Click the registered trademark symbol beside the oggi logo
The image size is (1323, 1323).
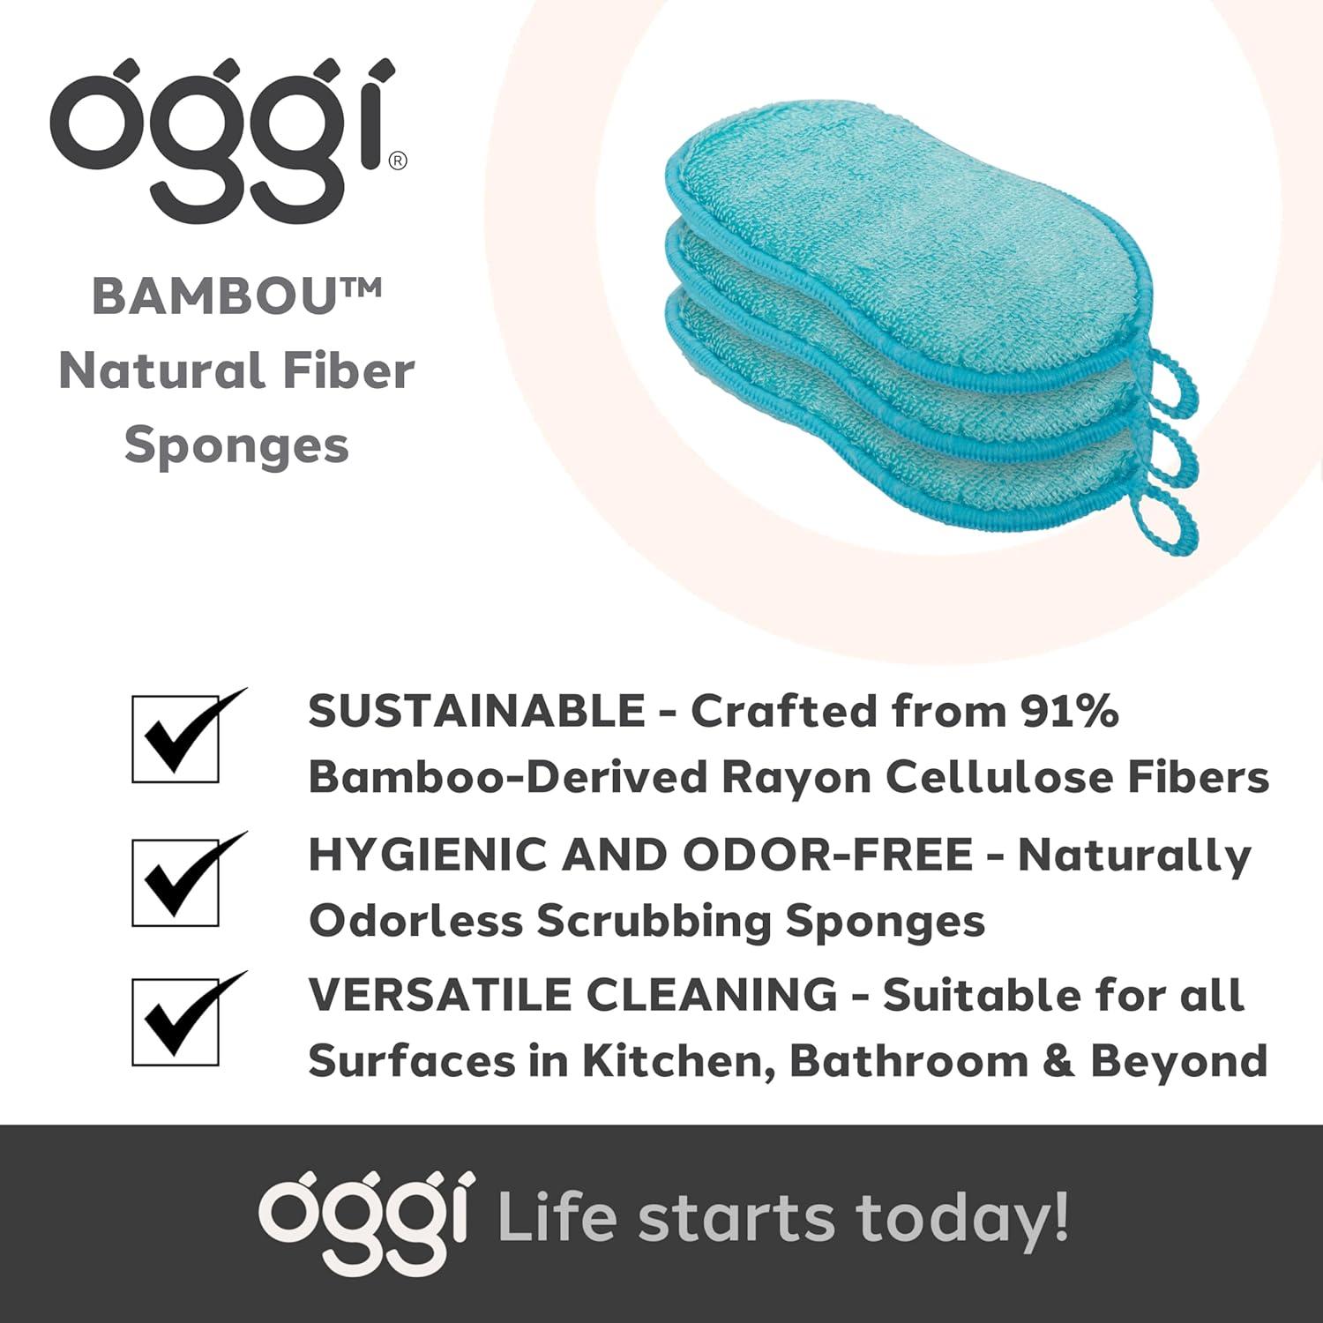point(399,161)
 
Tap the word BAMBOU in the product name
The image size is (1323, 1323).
point(214,296)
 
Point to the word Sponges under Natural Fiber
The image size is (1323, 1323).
point(236,445)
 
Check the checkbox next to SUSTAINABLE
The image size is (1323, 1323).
point(176,739)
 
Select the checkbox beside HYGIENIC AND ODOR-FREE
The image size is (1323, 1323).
point(176,882)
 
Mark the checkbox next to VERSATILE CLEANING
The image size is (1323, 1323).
point(176,1021)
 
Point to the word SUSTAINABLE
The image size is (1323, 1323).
point(477,711)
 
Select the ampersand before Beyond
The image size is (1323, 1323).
point(1059,1061)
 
